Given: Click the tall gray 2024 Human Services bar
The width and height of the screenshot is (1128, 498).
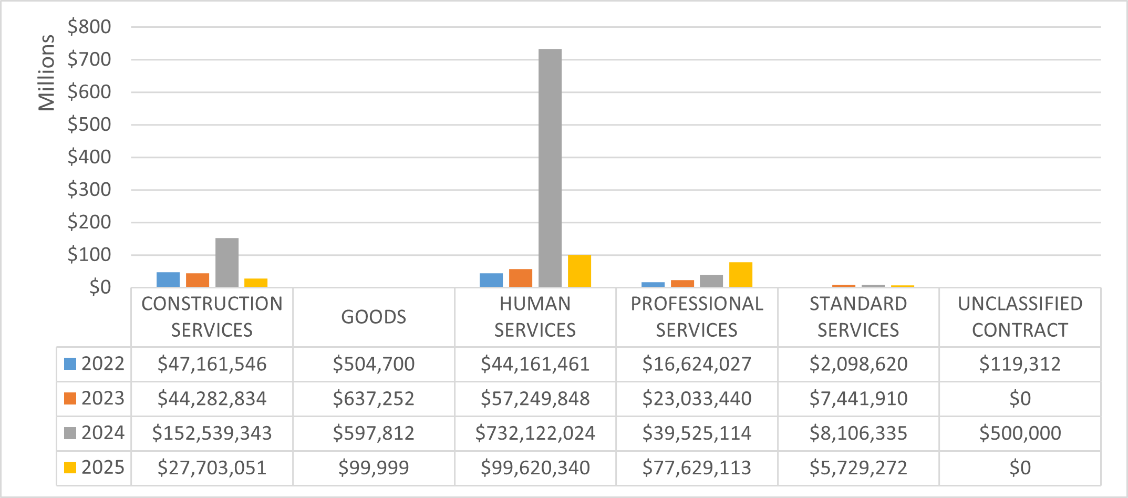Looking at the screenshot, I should point(550,168).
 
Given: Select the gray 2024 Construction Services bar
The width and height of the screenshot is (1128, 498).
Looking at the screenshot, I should point(226,263).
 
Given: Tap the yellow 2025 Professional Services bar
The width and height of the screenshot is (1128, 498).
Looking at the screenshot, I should point(740,274).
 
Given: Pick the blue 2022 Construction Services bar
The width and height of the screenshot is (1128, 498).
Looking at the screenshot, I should point(168,279).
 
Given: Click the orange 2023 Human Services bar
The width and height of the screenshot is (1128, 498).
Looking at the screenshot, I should point(520,278).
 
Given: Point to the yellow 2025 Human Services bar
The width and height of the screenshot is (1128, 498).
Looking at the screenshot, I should point(579,271).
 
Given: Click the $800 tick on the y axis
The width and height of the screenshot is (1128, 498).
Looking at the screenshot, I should point(89,27).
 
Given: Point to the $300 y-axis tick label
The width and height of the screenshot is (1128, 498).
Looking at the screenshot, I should point(89,190).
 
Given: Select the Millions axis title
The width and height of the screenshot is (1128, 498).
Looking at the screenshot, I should point(46,72).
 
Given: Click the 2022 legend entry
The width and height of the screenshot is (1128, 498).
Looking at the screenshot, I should point(94,364).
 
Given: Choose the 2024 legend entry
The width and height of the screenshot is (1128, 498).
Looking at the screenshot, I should point(94,433).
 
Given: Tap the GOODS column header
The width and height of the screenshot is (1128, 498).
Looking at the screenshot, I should point(374,317).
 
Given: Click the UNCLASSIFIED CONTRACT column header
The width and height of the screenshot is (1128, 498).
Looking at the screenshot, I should point(1020,317).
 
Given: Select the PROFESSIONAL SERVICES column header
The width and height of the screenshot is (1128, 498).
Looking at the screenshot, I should point(697,317).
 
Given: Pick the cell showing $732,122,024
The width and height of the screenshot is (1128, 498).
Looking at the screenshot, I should point(535,433).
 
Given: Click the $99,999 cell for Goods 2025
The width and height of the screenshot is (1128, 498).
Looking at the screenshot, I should point(374,468).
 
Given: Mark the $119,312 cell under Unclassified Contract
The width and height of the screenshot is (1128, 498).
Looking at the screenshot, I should point(1020,364).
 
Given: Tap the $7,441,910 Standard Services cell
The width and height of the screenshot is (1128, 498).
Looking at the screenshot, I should point(858,399).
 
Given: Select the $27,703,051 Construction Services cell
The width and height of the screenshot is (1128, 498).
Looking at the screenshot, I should point(212,468).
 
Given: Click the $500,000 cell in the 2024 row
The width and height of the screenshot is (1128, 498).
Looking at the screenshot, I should point(1020,433).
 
